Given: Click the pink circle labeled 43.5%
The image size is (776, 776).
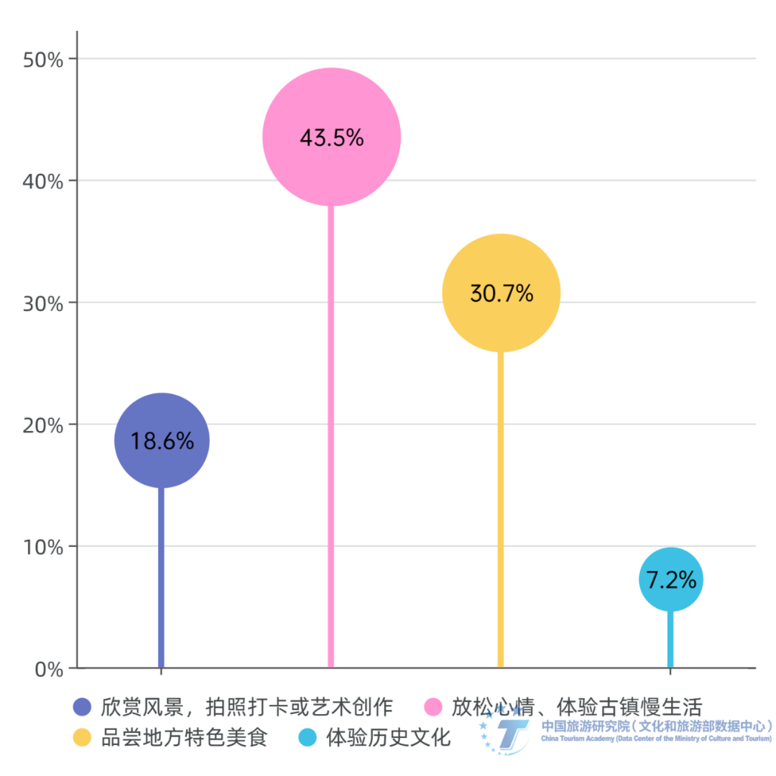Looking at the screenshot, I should pos(331,137).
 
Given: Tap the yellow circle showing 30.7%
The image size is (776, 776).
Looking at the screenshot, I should pos(501,293).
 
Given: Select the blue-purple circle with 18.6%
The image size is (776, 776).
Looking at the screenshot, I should pos(162,440).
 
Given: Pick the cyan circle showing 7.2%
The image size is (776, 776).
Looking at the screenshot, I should pos(670,580).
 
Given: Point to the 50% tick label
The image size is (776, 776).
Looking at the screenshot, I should pos(43,60).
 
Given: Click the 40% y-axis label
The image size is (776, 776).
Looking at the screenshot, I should pos(43,181).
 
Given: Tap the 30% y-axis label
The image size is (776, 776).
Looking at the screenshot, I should pos(43,303).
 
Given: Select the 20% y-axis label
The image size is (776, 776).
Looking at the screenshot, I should pos(43,425).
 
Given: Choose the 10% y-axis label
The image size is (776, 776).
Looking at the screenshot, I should pos(43,548).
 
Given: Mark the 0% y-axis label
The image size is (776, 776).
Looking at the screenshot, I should pos(49,670).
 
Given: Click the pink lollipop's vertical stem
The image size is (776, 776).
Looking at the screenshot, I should pos(331,431).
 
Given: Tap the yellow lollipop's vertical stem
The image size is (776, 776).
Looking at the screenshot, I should pos(500,503).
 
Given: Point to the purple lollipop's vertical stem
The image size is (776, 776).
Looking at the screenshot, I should pos(161,575).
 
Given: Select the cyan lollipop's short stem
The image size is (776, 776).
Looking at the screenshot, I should pos(670,639).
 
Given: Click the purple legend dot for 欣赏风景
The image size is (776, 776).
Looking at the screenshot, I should pos(83,707).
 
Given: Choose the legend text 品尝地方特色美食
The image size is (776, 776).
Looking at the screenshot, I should pos(184,737).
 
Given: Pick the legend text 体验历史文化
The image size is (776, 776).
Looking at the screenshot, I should pos(388,737).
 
